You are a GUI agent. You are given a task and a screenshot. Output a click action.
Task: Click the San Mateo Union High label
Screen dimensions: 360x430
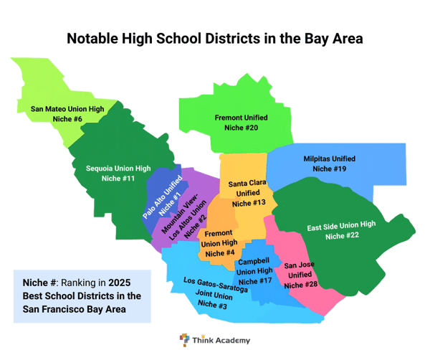(x=67, y=110)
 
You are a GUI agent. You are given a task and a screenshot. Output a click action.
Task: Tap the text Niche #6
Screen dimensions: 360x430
(x=67, y=120)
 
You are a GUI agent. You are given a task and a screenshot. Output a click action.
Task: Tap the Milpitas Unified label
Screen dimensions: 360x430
(x=329, y=158)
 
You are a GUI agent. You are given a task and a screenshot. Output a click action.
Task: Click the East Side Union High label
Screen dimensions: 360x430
(x=341, y=225)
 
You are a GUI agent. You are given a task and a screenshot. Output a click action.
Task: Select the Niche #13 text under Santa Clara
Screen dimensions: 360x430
(x=249, y=204)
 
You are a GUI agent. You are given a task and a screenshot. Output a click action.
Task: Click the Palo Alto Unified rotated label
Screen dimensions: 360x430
(x=161, y=199)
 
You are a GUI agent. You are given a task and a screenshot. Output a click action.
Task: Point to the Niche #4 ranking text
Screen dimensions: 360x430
(x=220, y=253)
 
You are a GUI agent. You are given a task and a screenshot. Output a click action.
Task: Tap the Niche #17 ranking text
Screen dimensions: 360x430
(x=254, y=281)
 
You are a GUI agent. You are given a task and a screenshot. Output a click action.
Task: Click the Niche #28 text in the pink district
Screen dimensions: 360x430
(x=300, y=285)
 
